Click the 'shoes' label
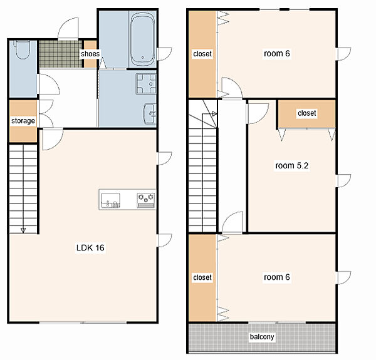click(90, 54)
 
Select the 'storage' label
click(23, 121)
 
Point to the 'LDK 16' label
click(90, 247)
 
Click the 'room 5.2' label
click(292, 165)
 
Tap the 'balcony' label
click(262, 337)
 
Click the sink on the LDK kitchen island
click(110, 200)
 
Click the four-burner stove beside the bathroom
click(146, 84)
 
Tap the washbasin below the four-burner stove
click(150, 114)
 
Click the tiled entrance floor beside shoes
click(60, 54)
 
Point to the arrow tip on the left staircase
click(23, 232)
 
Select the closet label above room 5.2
click(306, 113)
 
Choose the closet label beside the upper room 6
click(202, 54)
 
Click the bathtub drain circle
click(143, 58)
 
